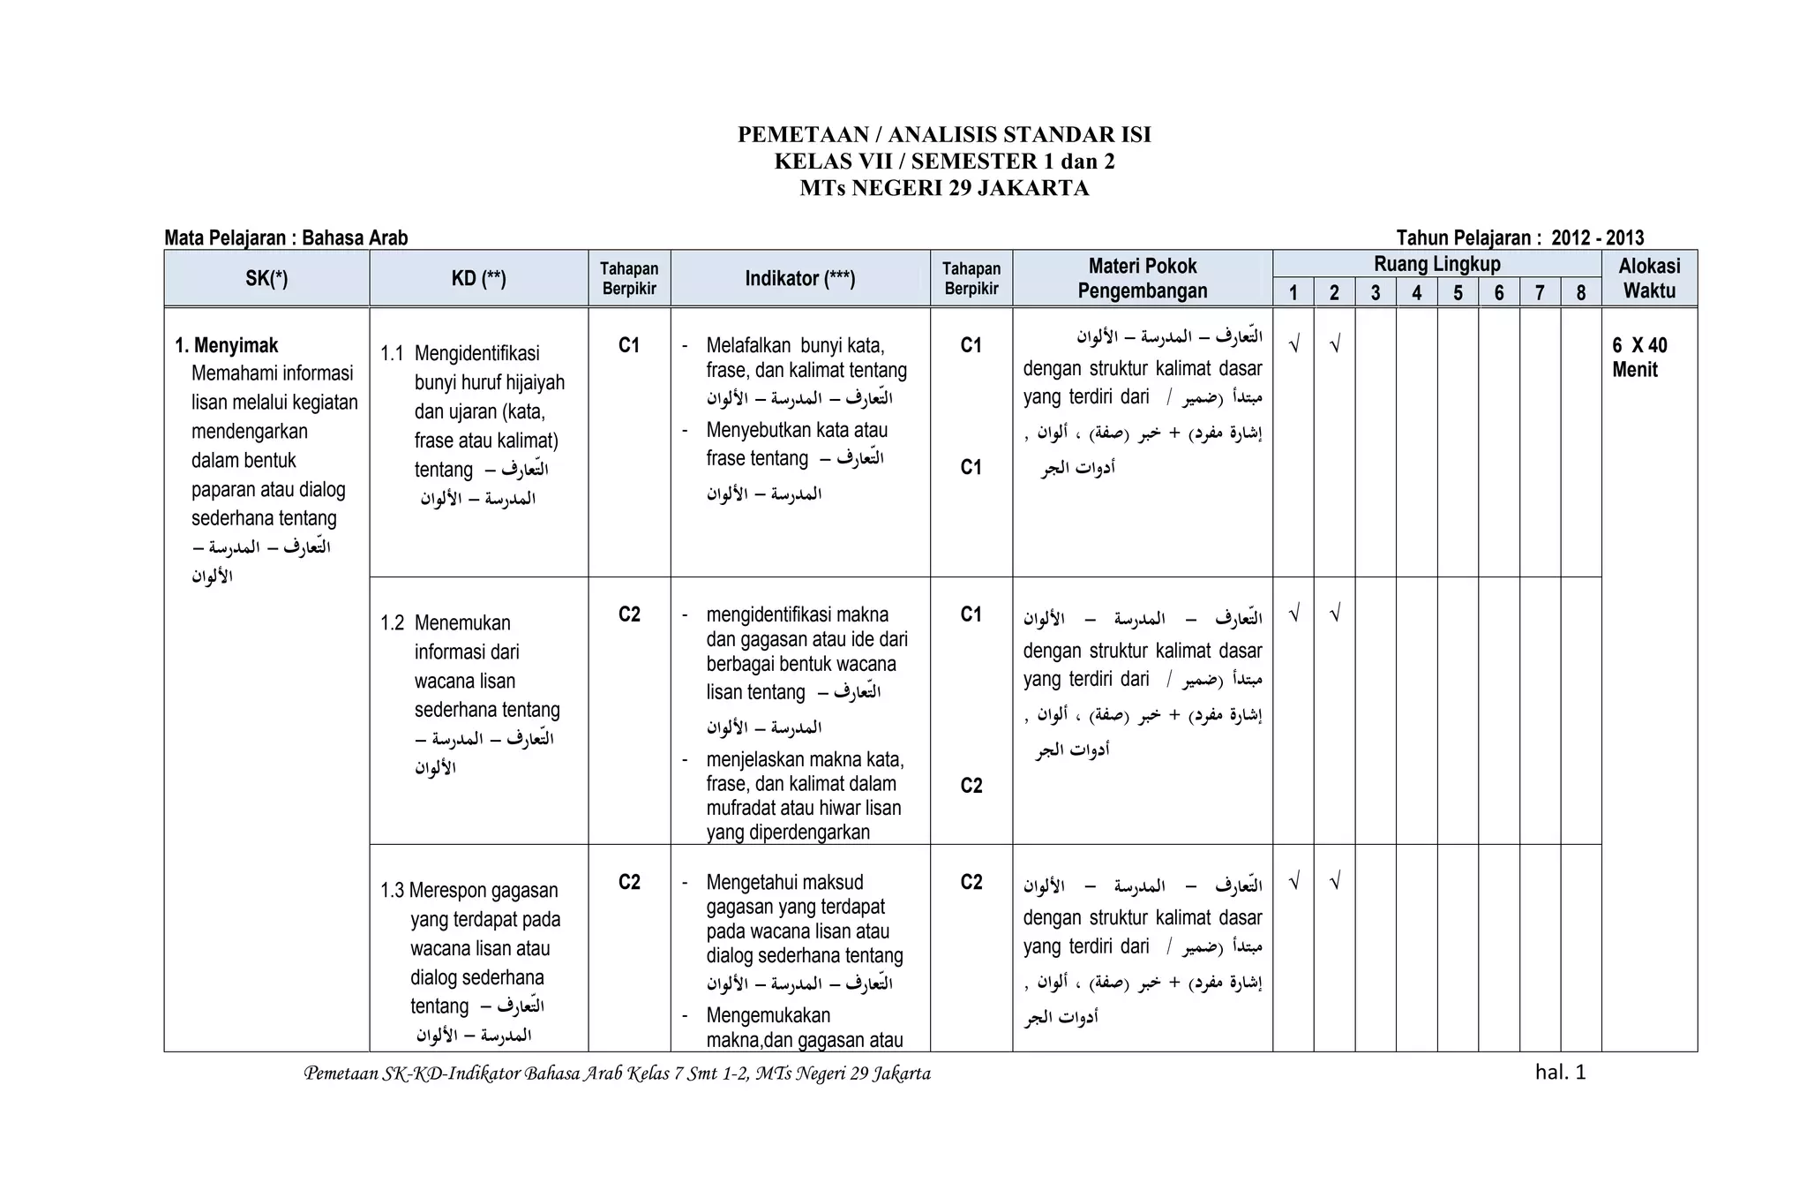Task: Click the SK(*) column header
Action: [266, 279]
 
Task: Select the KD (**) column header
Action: [478, 279]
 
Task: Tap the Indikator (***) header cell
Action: [799, 279]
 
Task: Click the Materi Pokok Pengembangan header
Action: [1142, 279]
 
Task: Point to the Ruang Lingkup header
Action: [1436, 264]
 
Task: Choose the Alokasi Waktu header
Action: [1648, 279]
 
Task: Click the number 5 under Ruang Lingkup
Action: [1458, 293]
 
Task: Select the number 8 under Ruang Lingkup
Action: [1580, 293]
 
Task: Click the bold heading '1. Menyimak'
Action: [227, 345]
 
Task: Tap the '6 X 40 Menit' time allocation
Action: [1639, 358]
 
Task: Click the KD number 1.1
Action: [392, 354]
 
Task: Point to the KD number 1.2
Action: [392, 623]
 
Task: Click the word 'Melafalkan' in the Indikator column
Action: [747, 345]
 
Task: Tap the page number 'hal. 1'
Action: [1560, 1073]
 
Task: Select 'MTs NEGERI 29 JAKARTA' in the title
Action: [944, 188]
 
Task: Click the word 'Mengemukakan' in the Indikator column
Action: [768, 1015]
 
